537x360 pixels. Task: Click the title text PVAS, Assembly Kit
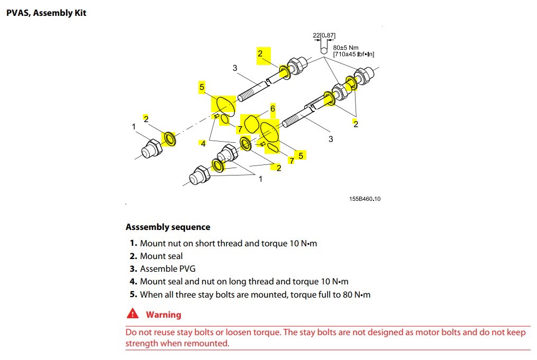tap(46, 13)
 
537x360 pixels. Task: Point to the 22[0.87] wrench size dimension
tap(324, 36)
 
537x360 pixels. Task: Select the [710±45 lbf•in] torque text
tap(354, 54)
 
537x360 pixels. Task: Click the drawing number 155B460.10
tap(365, 199)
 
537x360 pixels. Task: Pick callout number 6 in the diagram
tap(272, 108)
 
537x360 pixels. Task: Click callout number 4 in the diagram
tap(203, 143)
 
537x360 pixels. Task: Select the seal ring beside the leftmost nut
tap(170, 139)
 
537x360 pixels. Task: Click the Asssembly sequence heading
tap(168, 227)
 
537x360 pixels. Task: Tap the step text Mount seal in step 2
tap(161, 256)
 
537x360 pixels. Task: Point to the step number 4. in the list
tap(134, 282)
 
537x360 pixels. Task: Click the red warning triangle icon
tap(132, 314)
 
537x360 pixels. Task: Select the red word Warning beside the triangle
tap(163, 315)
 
